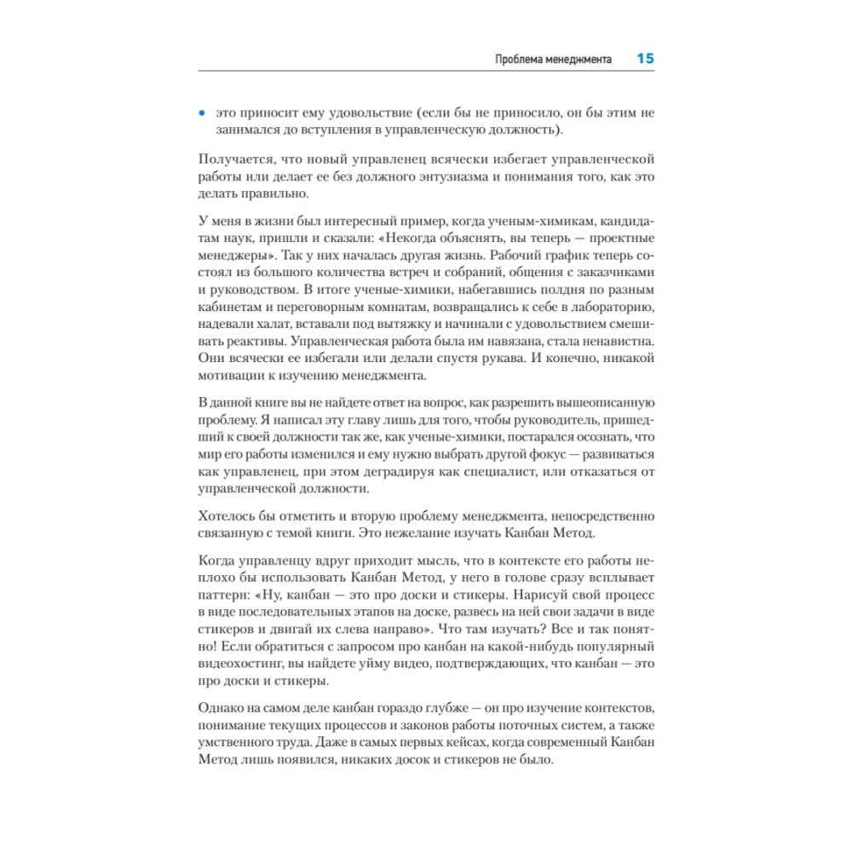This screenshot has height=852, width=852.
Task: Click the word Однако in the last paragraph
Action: pyautogui.click(x=222, y=709)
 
